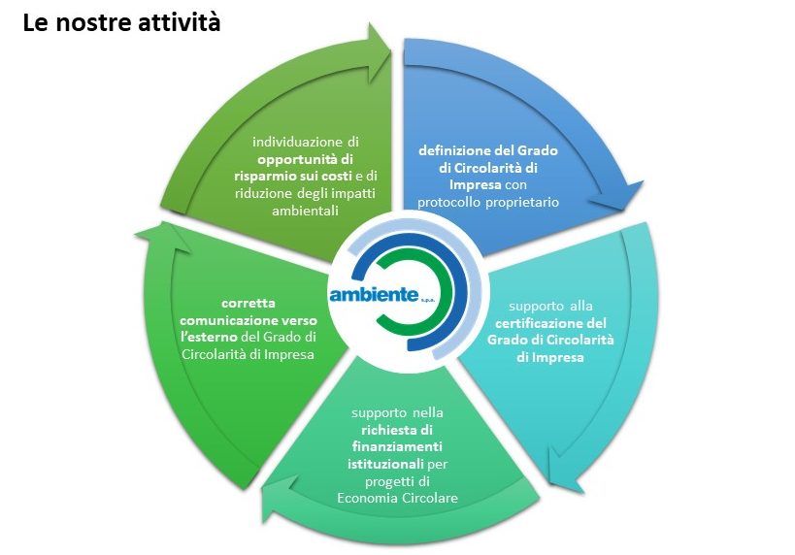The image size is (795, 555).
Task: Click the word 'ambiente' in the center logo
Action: pos(375,295)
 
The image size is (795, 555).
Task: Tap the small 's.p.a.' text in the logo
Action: pos(435,301)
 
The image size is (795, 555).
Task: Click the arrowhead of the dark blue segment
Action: pos(624,198)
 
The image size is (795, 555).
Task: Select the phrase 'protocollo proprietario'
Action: pos(488,202)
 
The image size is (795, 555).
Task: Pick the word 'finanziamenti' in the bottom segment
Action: pos(395,445)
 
